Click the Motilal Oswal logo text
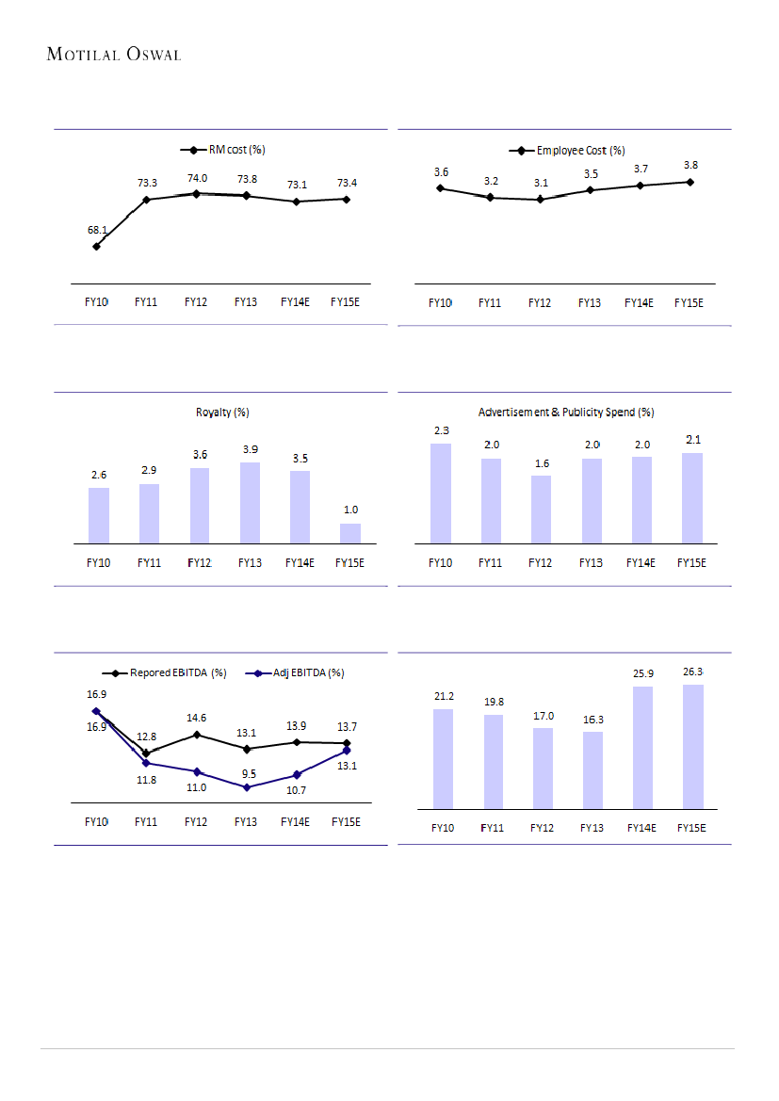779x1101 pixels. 113,55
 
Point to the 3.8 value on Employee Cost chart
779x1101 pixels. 690,165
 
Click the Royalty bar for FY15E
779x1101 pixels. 349,533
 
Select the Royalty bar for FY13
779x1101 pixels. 250,502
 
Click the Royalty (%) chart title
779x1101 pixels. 222,413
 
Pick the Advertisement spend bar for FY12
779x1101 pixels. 541,509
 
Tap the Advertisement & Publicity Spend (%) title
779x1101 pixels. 566,413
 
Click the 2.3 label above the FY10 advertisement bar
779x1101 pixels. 441,430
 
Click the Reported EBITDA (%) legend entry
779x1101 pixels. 165,673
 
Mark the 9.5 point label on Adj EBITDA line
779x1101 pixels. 247,773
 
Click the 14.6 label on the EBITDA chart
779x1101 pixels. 196,717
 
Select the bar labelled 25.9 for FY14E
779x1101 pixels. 641,747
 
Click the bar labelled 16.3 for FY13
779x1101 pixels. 592,769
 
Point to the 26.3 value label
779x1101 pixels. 692,672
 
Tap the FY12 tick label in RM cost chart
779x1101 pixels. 196,302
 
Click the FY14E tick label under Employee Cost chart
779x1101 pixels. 640,302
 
